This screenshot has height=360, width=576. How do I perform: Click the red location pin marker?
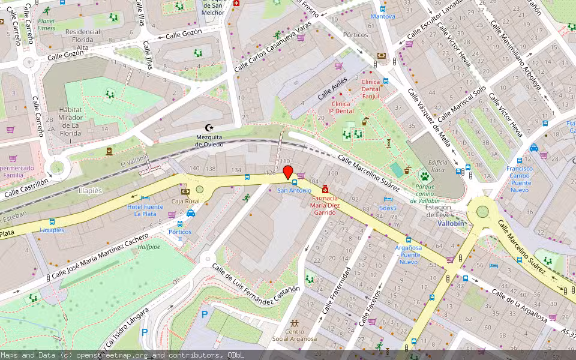coord(288,172)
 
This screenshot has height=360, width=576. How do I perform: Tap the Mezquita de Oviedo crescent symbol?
coord(209,127)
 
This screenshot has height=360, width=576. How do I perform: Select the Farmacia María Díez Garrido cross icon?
coord(325,189)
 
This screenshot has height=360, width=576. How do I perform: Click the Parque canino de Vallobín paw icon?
coord(425,176)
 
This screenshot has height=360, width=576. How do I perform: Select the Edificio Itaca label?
coord(437,166)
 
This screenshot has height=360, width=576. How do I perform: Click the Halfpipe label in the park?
coord(149,246)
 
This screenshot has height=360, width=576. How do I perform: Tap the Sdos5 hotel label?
coord(388,208)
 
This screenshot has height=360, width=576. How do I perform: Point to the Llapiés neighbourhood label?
coord(90,190)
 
